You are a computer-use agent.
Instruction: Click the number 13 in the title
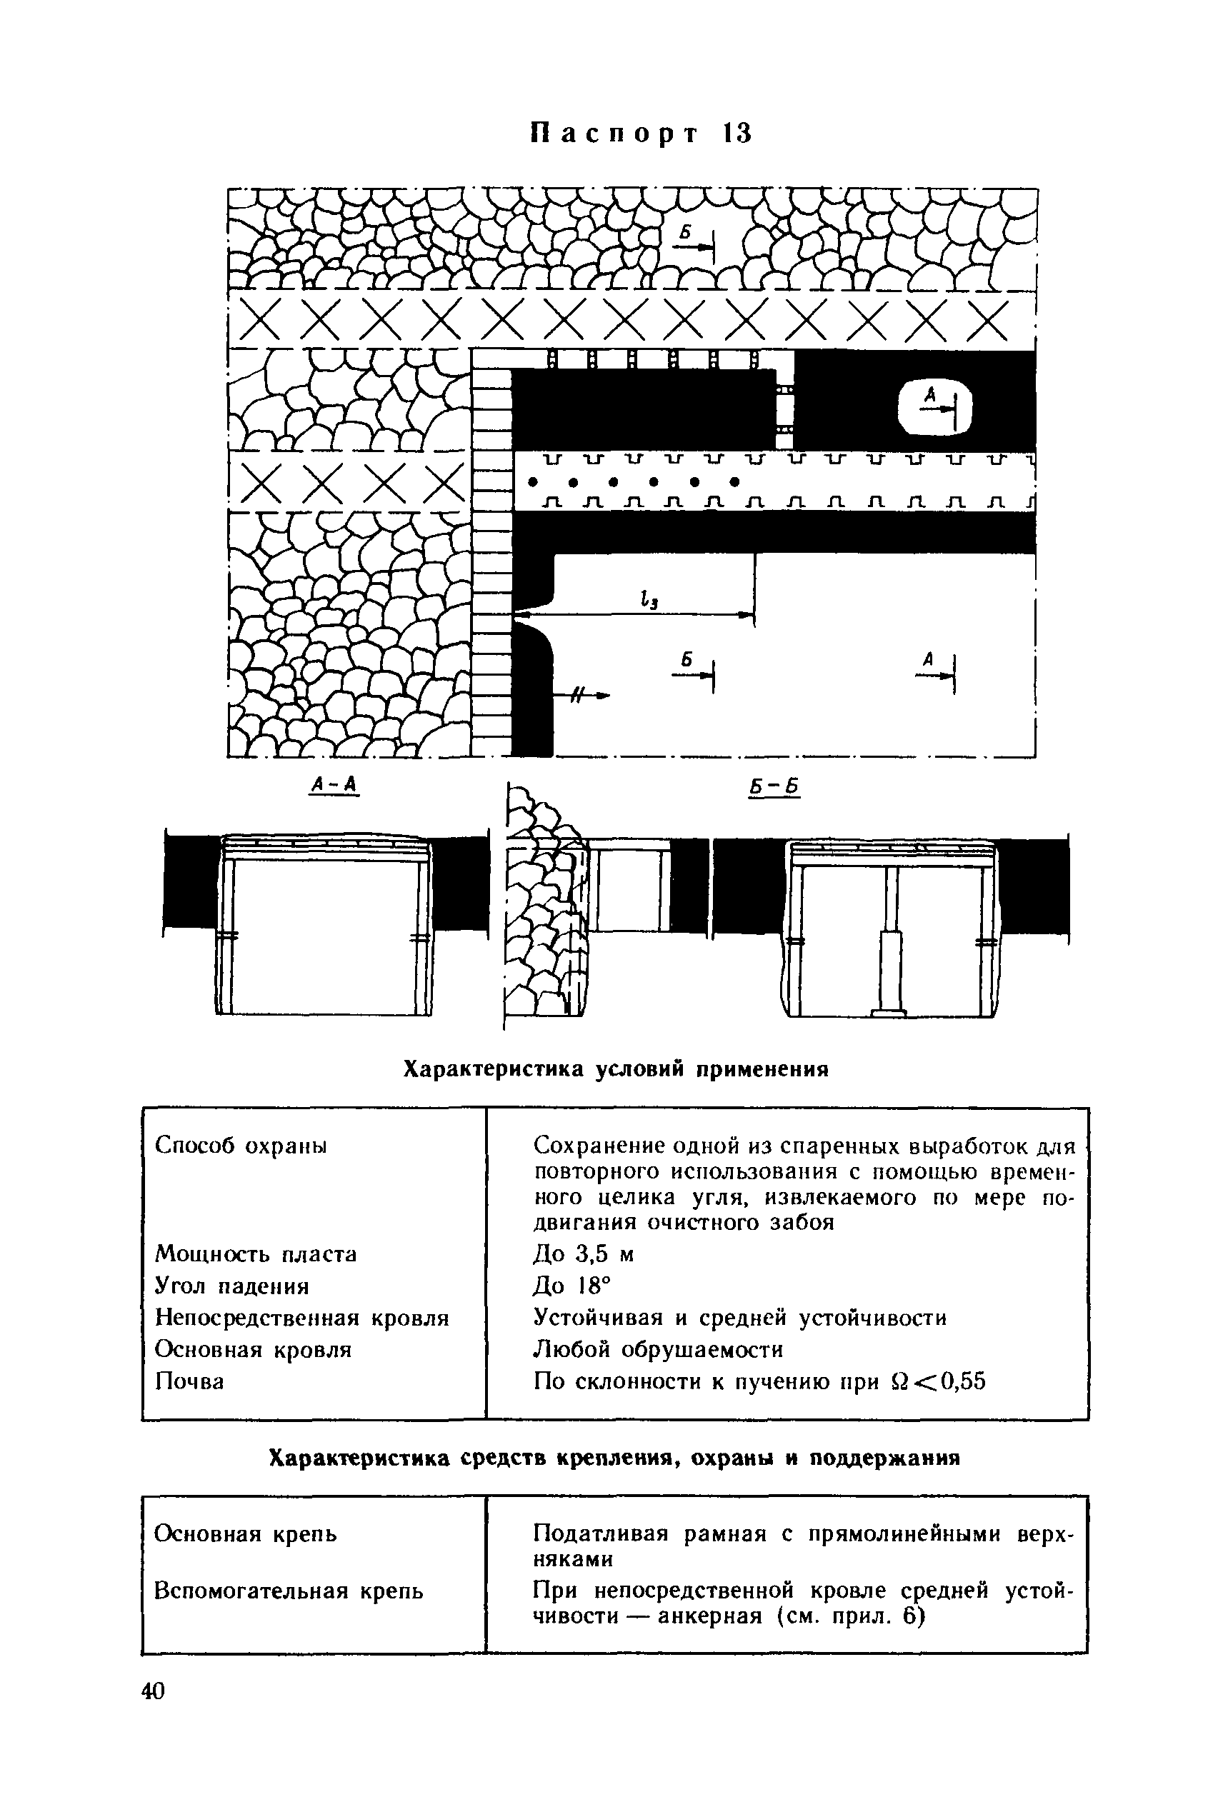(737, 134)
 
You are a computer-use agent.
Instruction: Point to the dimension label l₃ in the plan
(648, 599)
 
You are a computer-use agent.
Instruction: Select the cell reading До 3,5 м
(584, 1254)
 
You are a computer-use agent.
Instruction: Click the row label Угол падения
(232, 1286)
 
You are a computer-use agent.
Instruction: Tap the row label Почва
(189, 1381)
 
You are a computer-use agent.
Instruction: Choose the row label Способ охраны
(241, 1146)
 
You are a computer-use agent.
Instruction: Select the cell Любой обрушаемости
(658, 1350)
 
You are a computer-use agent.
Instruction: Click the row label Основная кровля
(254, 1350)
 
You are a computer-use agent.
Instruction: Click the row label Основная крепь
(246, 1535)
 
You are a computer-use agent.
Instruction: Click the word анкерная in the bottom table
(710, 1616)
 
